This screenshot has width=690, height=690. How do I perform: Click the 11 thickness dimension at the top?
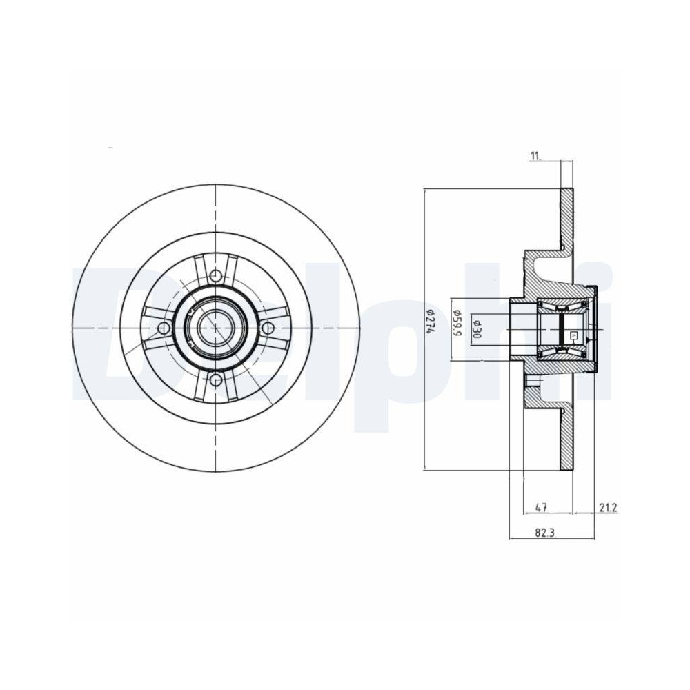(x=535, y=156)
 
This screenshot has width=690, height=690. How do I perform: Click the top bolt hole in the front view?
(x=216, y=277)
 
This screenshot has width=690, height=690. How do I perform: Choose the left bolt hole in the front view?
(x=164, y=328)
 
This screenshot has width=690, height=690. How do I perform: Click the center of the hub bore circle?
(x=215, y=328)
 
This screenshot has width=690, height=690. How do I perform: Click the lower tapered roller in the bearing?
(x=562, y=351)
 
